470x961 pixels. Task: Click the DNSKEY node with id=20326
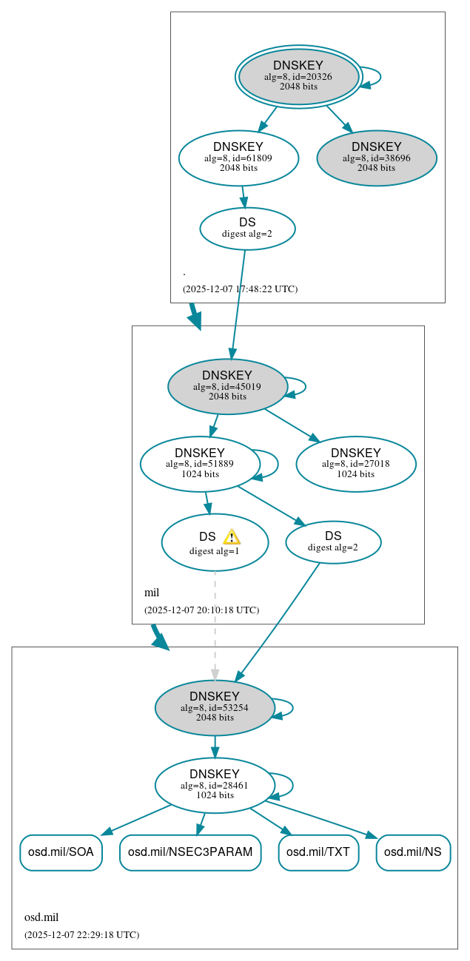coord(298,76)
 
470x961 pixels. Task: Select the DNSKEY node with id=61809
coord(238,158)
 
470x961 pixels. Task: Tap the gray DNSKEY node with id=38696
coord(377,158)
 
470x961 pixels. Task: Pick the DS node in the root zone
coord(247,229)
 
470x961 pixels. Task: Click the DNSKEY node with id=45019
coord(227,386)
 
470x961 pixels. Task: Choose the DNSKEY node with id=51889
coord(200,464)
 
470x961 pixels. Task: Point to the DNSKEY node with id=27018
coord(356,464)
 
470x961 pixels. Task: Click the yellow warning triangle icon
coord(232,537)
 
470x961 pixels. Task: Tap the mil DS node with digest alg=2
coord(333,542)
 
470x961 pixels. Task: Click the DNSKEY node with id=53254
coord(215,708)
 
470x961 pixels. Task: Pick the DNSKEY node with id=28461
coord(215,785)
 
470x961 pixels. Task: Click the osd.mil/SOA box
coord(61,852)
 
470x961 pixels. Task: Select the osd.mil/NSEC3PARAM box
coord(190,852)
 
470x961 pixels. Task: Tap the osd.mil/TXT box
coord(318,852)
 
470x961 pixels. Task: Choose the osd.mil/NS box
coord(413,852)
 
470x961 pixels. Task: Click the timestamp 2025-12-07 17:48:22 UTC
coord(240,289)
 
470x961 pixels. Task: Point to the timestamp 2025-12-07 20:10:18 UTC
coord(201,610)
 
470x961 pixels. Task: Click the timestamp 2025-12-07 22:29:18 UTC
coord(81,934)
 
